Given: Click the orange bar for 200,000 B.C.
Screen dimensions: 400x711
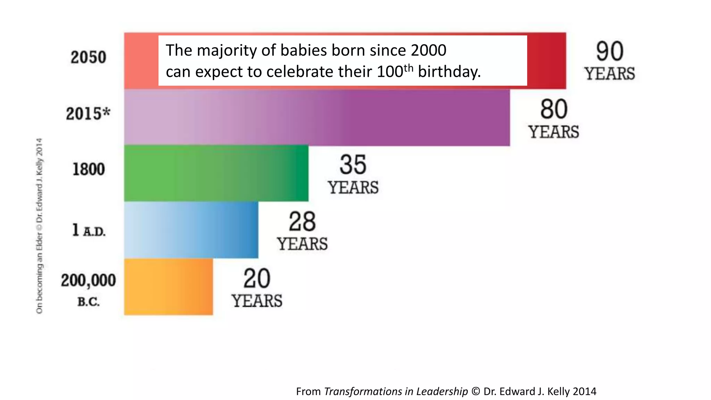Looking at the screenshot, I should tap(168, 287).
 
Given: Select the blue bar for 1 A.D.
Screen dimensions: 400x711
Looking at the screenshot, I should tap(191, 230).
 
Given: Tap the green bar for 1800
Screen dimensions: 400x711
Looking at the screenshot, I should tap(216, 173).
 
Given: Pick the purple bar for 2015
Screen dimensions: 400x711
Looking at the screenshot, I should tap(317, 117).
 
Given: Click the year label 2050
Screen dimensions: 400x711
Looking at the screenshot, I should tap(88, 57).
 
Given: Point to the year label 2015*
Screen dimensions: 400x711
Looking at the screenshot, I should tap(88, 114).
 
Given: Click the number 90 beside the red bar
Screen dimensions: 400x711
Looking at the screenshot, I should tap(610, 52).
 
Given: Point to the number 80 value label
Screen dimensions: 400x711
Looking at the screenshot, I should tap(554, 109).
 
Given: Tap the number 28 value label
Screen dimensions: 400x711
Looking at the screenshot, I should tap(302, 222).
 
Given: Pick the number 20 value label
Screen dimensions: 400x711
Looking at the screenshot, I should tap(257, 279).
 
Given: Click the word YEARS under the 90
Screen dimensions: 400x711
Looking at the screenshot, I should tap(610, 74).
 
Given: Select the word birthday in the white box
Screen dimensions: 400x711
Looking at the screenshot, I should tap(449, 72).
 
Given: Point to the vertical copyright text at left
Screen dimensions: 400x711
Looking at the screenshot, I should tap(40, 226).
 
